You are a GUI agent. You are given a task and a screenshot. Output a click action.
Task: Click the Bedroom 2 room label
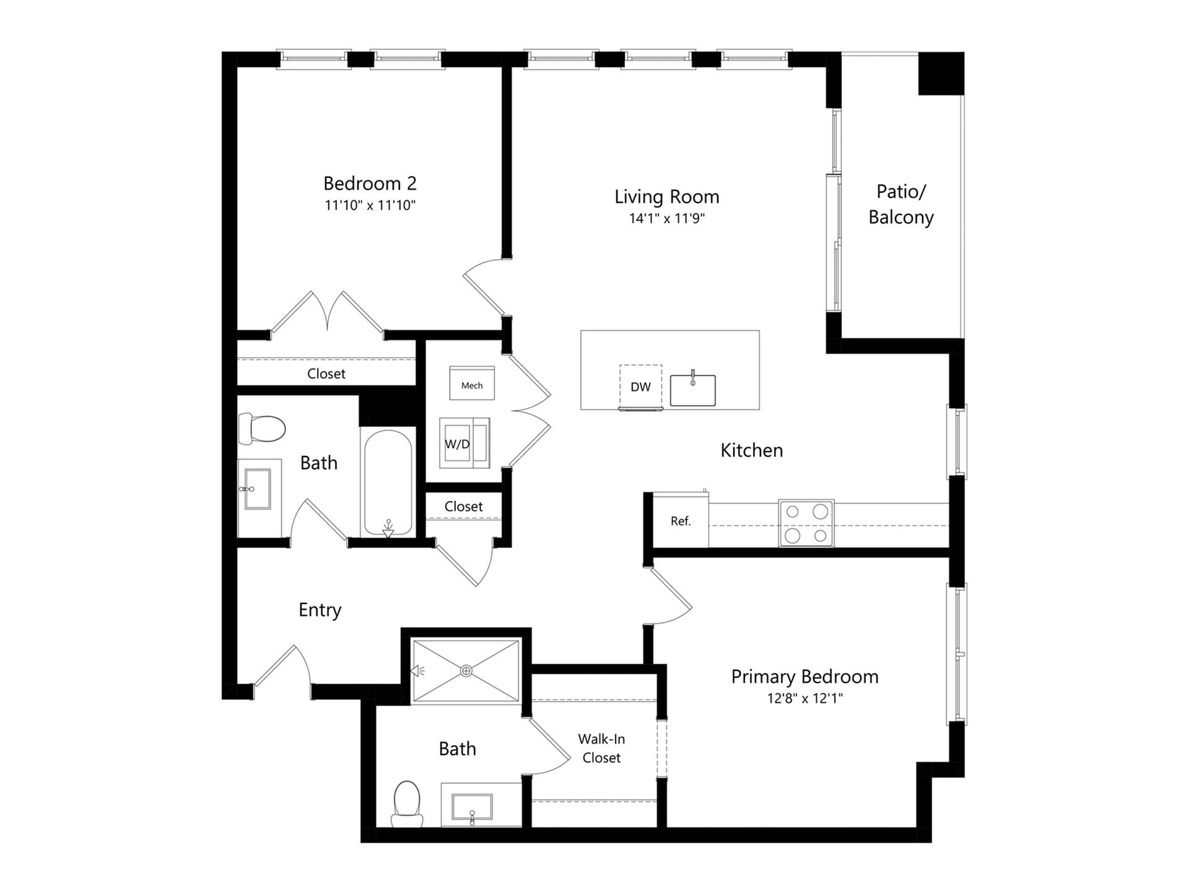[x=370, y=183]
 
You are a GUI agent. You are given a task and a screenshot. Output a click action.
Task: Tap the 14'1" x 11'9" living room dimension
[x=667, y=218]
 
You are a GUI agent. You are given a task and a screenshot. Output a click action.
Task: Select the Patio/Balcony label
[x=900, y=204]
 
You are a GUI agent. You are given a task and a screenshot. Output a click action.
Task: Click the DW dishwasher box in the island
[x=640, y=387]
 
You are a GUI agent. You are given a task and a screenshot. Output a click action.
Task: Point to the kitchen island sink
[x=692, y=390]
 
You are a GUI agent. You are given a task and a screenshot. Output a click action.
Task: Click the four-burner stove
[x=806, y=523]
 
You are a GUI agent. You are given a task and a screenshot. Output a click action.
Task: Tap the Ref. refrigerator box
[x=680, y=521]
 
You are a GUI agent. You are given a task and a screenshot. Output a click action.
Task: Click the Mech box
[x=471, y=385]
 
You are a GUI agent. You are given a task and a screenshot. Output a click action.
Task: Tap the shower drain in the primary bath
[x=466, y=671]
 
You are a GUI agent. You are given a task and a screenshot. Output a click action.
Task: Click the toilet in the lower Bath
[x=407, y=803]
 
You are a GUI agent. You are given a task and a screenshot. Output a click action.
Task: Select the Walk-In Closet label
[x=601, y=748]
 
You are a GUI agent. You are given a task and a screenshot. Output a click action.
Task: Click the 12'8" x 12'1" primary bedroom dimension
[x=804, y=699]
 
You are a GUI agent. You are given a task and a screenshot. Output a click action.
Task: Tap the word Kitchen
[x=751, y=450]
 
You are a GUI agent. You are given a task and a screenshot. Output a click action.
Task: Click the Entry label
[x=320, y=610]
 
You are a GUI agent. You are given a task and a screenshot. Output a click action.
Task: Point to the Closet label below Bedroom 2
[x=326, y=374]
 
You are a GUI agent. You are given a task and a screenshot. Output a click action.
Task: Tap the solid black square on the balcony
[x=941, y=74]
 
